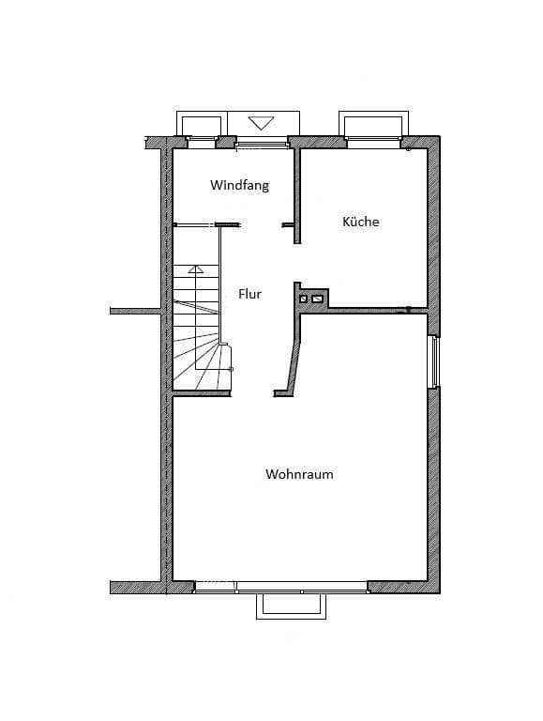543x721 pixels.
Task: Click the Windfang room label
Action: point(239,185)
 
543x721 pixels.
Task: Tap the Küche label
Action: point(360,222)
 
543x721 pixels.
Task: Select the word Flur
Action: point(249,294)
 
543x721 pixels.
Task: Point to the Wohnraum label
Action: point(299,474)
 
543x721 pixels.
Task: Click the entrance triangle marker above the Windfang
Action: point(261,123)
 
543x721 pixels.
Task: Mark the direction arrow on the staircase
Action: point(195,269)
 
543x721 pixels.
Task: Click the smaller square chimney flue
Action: point(303,299)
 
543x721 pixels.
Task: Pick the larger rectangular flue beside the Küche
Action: point(318,299)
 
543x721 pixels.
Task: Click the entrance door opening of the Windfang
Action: point(261,142)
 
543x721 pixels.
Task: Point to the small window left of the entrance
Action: point(202,142)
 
